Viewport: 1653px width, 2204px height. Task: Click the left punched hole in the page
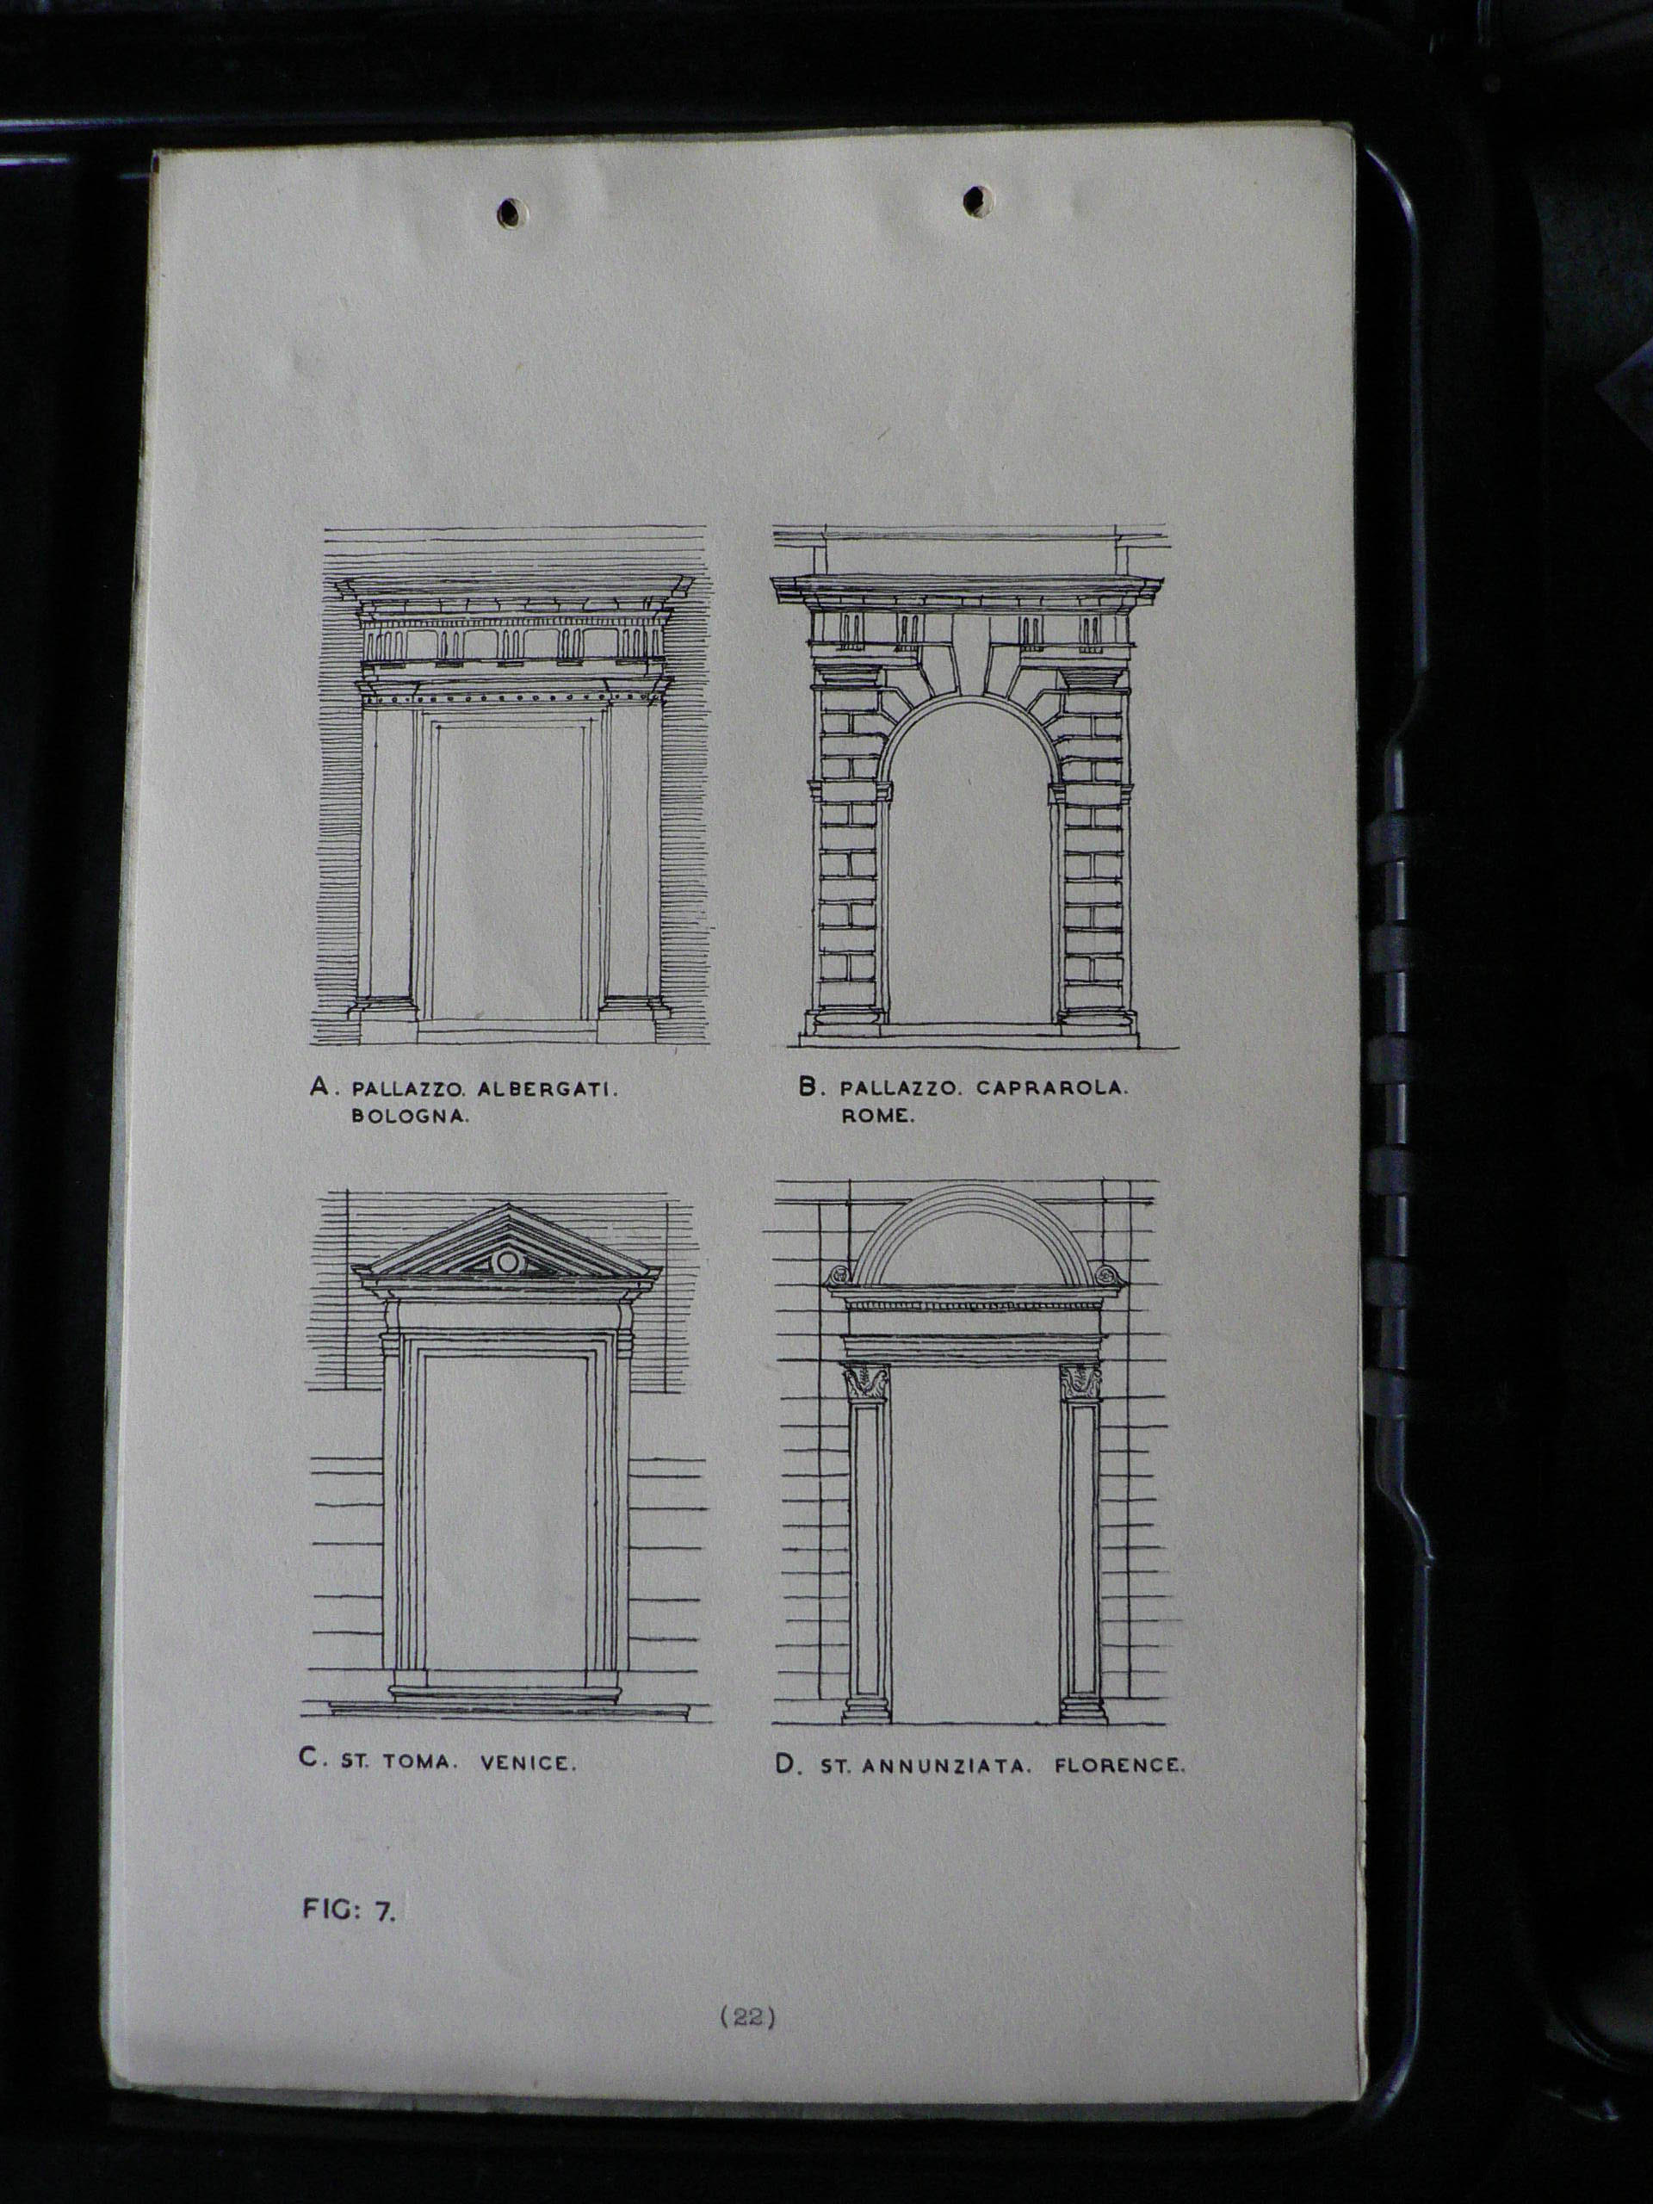pos(512,210)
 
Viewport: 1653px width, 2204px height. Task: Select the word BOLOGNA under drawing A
pos(410,1117)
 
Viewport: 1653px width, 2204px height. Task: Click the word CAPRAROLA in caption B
pos(1053,1088)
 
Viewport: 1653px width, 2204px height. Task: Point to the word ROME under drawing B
pos(876,1116)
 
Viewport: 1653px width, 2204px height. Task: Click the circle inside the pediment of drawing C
pos(508,1262)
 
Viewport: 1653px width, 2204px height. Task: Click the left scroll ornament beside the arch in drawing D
pos(838,1274)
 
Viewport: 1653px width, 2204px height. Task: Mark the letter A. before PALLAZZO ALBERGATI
pos(321,1087)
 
